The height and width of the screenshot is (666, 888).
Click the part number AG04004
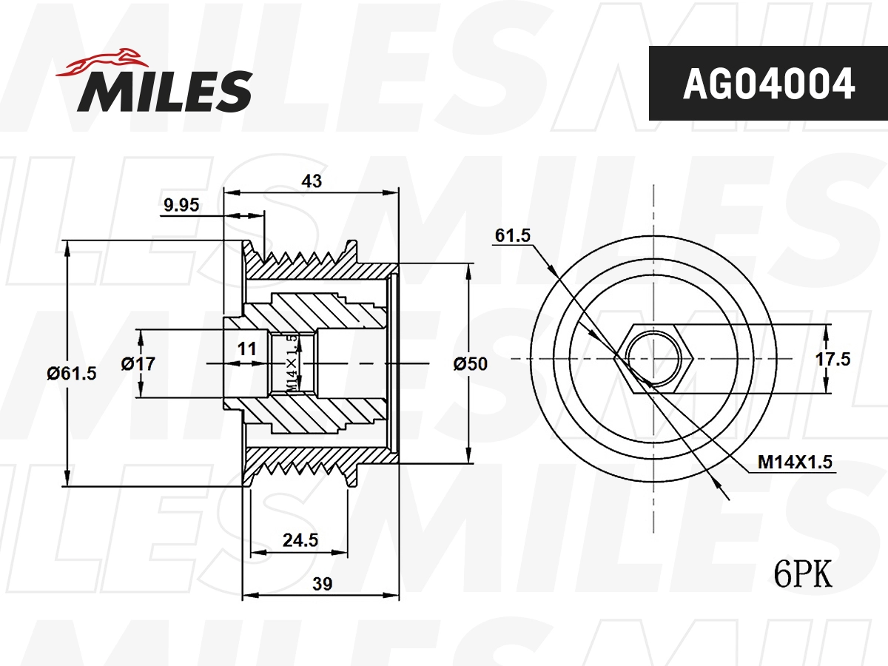768,84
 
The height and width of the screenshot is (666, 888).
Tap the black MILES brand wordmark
165,91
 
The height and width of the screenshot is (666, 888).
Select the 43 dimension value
312,180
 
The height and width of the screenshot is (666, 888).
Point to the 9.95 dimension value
181,206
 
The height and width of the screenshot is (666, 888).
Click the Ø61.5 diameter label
72,373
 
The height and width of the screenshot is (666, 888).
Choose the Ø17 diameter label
138,363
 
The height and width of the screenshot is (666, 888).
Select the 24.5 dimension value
300,540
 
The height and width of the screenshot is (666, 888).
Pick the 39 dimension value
322,583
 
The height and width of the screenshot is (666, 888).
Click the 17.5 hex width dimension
832,359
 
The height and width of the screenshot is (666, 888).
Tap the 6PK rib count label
802,573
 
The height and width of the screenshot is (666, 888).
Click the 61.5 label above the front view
513,235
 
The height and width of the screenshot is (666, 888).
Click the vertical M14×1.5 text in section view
292,363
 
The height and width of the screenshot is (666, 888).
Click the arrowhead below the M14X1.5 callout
717,483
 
